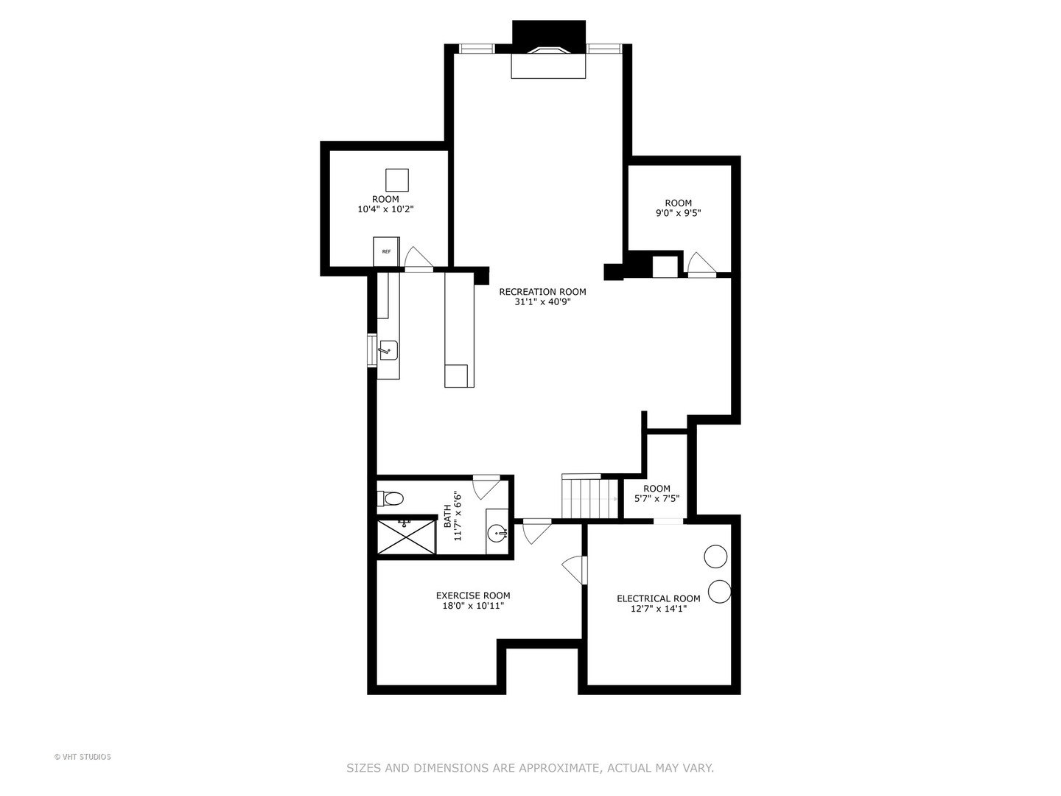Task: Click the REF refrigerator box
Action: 386,251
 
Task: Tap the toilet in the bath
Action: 391,499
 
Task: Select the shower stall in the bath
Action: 406,537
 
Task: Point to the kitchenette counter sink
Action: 388,350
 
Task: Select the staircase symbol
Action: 589,498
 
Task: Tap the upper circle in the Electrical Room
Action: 715,556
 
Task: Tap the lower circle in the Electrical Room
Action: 719,591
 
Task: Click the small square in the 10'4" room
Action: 396,180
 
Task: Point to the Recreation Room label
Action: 542,292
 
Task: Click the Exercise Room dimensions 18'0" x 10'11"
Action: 472,606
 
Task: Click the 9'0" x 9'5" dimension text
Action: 678,213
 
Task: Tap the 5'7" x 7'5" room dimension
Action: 656,498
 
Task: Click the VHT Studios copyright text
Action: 83,757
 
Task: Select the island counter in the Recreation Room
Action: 459,329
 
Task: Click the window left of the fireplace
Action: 476,49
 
